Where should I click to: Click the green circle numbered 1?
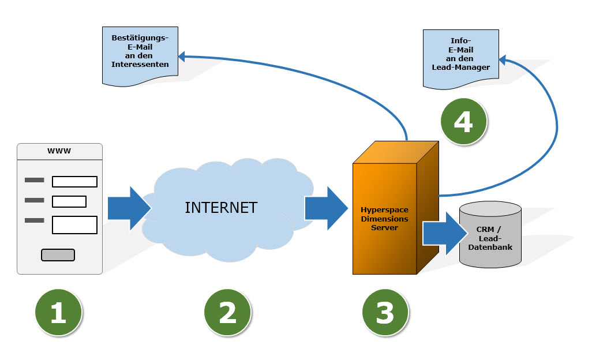point(58,312)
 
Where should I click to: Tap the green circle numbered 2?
point(227,312)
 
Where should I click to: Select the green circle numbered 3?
point(385,312)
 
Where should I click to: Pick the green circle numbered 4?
point(463,121)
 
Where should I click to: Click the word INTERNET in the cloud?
point(221,208)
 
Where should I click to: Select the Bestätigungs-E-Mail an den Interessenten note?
point(140,54)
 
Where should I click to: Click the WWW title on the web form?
point(59,151)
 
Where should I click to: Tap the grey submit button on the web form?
point(58,255)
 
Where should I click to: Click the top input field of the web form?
point(74,182)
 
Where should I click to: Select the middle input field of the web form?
point(69,202)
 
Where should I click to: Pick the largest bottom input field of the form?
point(74,224)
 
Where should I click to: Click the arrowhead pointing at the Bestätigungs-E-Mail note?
point(182,56)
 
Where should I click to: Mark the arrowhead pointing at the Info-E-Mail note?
point(503,59)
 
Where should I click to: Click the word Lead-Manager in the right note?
point(460,67)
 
